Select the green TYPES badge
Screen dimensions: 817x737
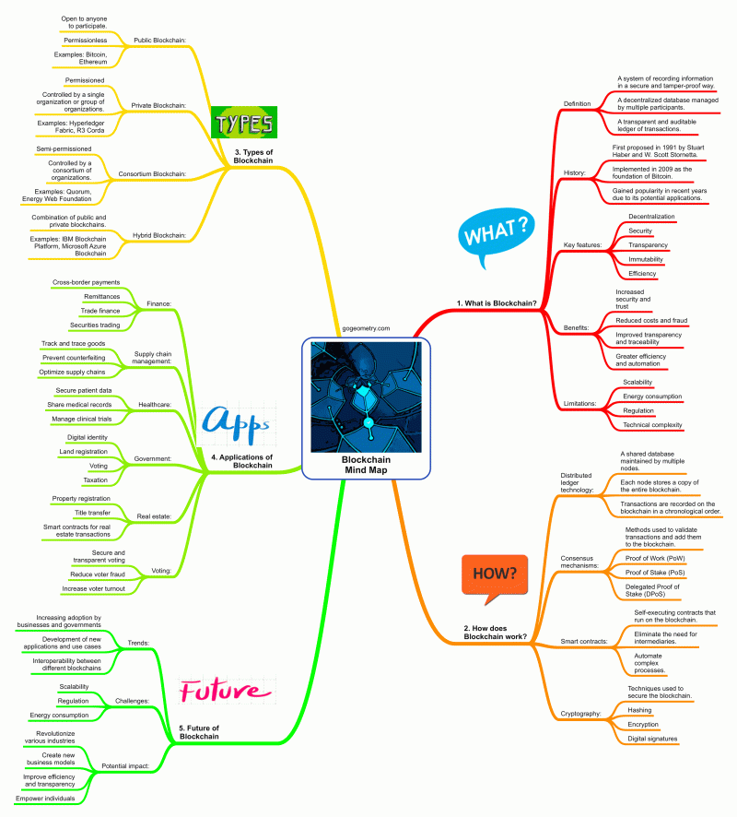(243, 123)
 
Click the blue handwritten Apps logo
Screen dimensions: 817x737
(236, 423)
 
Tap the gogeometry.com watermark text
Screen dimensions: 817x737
(366, 328)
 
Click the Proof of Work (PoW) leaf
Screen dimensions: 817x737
(657, 557)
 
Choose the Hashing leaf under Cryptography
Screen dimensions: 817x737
(640, 710)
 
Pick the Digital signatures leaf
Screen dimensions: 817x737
(653, 739)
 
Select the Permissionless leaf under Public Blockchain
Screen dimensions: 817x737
(85, 41)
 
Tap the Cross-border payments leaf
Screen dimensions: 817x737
(87, 281)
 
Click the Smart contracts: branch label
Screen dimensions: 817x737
(584, 640)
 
